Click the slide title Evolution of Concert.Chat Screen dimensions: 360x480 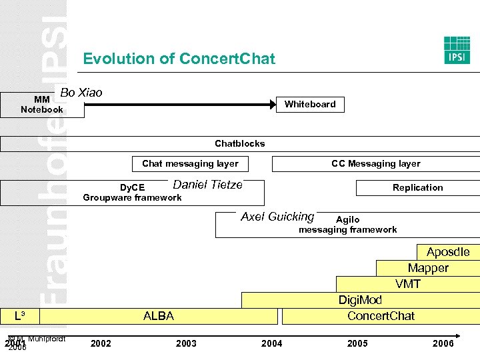click(179, 59)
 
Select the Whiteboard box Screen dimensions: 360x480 click(310, 104)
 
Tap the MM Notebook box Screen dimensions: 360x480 click(42, 105)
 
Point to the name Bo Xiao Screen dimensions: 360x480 click(81, 93)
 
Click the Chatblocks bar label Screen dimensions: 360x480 click(239, 143)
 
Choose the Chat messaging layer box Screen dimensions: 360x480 click(190, 163)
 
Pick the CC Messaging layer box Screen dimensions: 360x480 click(375, 163)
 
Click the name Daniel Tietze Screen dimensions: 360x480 click(207, 185)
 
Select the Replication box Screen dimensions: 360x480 click(417, 187)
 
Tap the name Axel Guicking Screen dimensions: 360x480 click(277, 217)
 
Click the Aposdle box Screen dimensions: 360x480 click(448, 252)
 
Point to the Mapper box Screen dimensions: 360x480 click(428, 268)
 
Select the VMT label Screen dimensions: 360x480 click(408, 284)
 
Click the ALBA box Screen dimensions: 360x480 click(159, 316)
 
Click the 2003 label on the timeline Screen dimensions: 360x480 click(186, 343)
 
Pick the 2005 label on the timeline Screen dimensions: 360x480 click(357, 343)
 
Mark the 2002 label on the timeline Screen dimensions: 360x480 click(101, 343)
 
